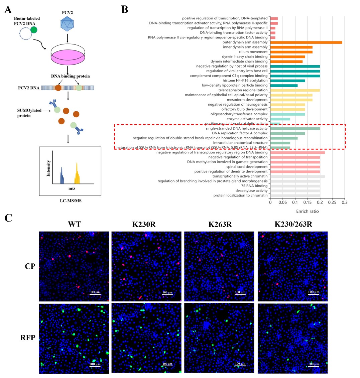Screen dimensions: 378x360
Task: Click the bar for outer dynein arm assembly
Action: point(306,42)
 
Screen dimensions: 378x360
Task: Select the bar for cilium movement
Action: point(291,52)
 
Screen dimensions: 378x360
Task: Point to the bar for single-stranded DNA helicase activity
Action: point(295,128)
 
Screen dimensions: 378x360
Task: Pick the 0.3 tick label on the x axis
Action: point(344,202)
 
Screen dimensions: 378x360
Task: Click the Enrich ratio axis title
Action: point(307,211)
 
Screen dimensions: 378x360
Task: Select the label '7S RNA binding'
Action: point(255,186)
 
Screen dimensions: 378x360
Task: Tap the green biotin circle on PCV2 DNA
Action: point(34,30)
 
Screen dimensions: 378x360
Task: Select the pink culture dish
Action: point(68,56)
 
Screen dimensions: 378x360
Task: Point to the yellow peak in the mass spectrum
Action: point(77,174)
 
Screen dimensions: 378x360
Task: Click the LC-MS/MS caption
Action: point(68,201)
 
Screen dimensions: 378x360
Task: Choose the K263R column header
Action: point(220,224)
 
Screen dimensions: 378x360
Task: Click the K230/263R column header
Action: point(293,224)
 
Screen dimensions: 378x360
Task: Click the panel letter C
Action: point(9,218)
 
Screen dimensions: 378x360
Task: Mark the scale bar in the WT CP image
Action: point(95,294)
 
